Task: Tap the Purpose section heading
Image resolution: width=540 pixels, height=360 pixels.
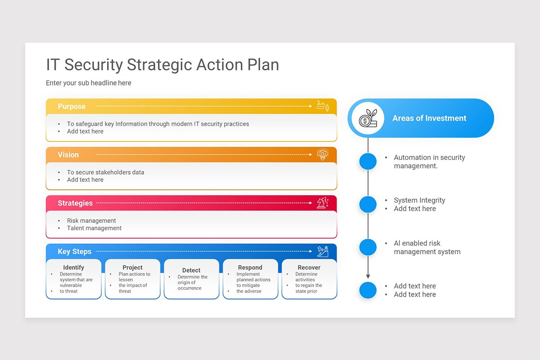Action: [72, 107]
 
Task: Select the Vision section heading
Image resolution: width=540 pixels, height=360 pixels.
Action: [68, 155]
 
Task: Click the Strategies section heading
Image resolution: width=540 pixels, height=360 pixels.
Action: [75, 203]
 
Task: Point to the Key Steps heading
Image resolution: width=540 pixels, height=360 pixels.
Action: [75, 252]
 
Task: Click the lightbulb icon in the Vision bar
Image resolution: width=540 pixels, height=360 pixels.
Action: [323, 154]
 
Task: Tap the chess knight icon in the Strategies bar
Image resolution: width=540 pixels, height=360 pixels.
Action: [322, 202]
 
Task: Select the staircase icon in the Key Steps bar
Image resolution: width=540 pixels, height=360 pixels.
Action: [323, 251]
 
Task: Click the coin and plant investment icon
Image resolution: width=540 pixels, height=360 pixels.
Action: [367, 118]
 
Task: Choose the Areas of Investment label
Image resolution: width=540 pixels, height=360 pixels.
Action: [429, 118]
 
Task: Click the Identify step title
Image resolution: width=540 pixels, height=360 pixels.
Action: [74, 267]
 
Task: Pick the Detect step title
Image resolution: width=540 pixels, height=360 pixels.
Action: [191, 270]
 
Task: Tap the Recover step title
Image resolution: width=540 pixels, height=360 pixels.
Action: [309, 267]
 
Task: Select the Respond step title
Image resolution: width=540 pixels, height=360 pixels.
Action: [250, 267]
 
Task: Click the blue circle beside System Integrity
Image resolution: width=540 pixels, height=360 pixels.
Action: [368, 204]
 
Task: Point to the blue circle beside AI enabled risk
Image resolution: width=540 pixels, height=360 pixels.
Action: [368, 247]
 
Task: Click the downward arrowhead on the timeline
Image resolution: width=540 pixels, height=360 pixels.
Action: [368, 276]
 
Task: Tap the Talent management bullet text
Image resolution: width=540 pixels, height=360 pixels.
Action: [94, 228]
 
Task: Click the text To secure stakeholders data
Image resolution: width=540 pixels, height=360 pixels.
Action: [106, 172]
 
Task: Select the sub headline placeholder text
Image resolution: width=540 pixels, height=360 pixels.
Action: [89, 83]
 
